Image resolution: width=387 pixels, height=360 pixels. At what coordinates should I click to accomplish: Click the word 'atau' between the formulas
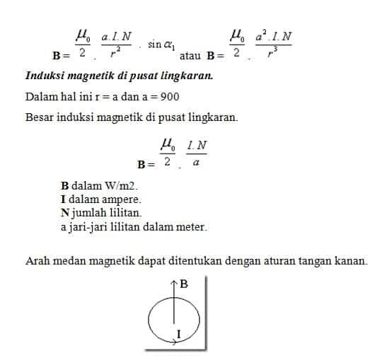click(x=192, y=55)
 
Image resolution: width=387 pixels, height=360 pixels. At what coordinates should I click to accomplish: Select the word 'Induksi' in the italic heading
click(x=45, y=76)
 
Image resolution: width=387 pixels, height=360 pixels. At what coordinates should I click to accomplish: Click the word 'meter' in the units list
click(x=191, y=226)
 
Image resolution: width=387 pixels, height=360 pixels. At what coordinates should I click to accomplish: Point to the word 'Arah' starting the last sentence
click(x=36, y=261)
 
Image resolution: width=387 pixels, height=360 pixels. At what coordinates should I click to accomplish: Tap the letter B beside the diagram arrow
click(x=184, y=284)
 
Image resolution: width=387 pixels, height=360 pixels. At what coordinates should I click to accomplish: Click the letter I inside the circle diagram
click(x=178, y=332)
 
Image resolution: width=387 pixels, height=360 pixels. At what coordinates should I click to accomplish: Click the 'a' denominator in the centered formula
click(x=196, y=163)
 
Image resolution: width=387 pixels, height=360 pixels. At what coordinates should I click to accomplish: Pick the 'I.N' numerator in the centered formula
click(x=197, y=146)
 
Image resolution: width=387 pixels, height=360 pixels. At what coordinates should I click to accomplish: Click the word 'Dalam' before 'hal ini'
click(x=40, y=97)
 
